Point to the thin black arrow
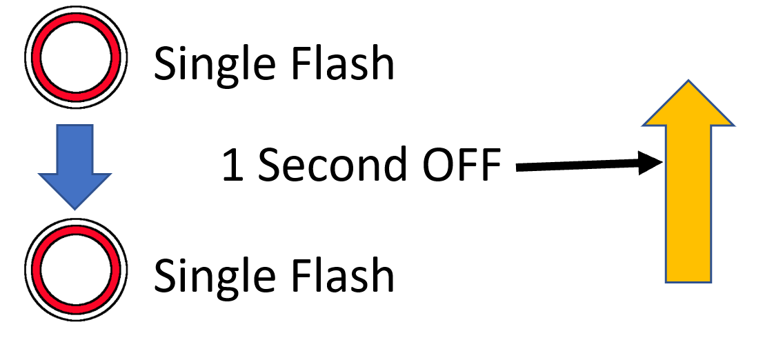[586, 166]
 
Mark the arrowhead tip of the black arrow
[661, 163]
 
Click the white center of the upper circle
[75, 54]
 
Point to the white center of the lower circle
[75, 268]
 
